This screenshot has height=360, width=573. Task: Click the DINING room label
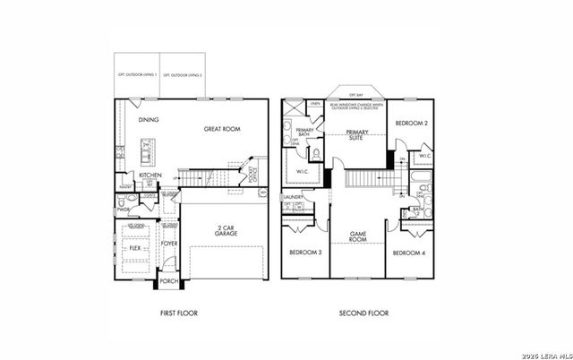(x=148, y=119)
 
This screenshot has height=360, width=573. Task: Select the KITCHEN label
(x=150, y=175)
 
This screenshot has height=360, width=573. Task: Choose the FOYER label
(x=168, y=244)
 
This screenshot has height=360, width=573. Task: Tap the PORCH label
(x=168, y=281)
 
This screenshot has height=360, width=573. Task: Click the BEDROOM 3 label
(x=304, y=253)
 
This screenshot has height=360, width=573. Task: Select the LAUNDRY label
(x=293, y=197)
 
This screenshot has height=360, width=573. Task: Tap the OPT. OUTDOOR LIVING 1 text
(x=138, y=74)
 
